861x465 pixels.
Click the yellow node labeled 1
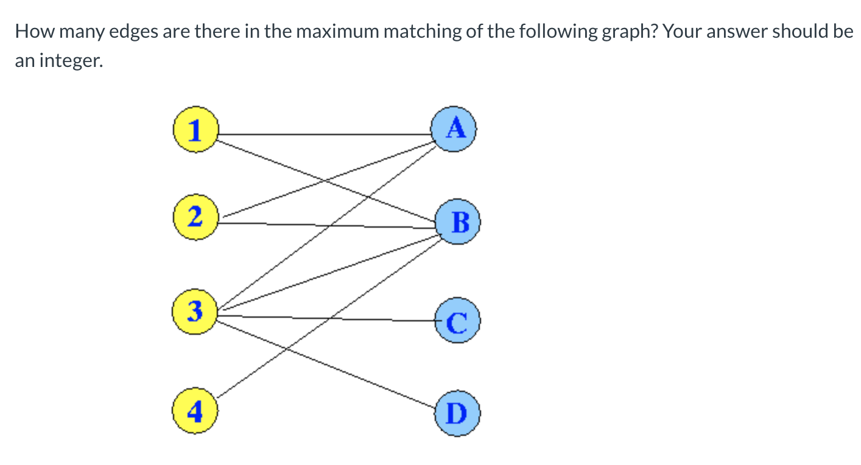[195, 130]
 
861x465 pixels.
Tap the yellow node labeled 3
[194, 312]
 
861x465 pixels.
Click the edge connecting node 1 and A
[323, 133]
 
